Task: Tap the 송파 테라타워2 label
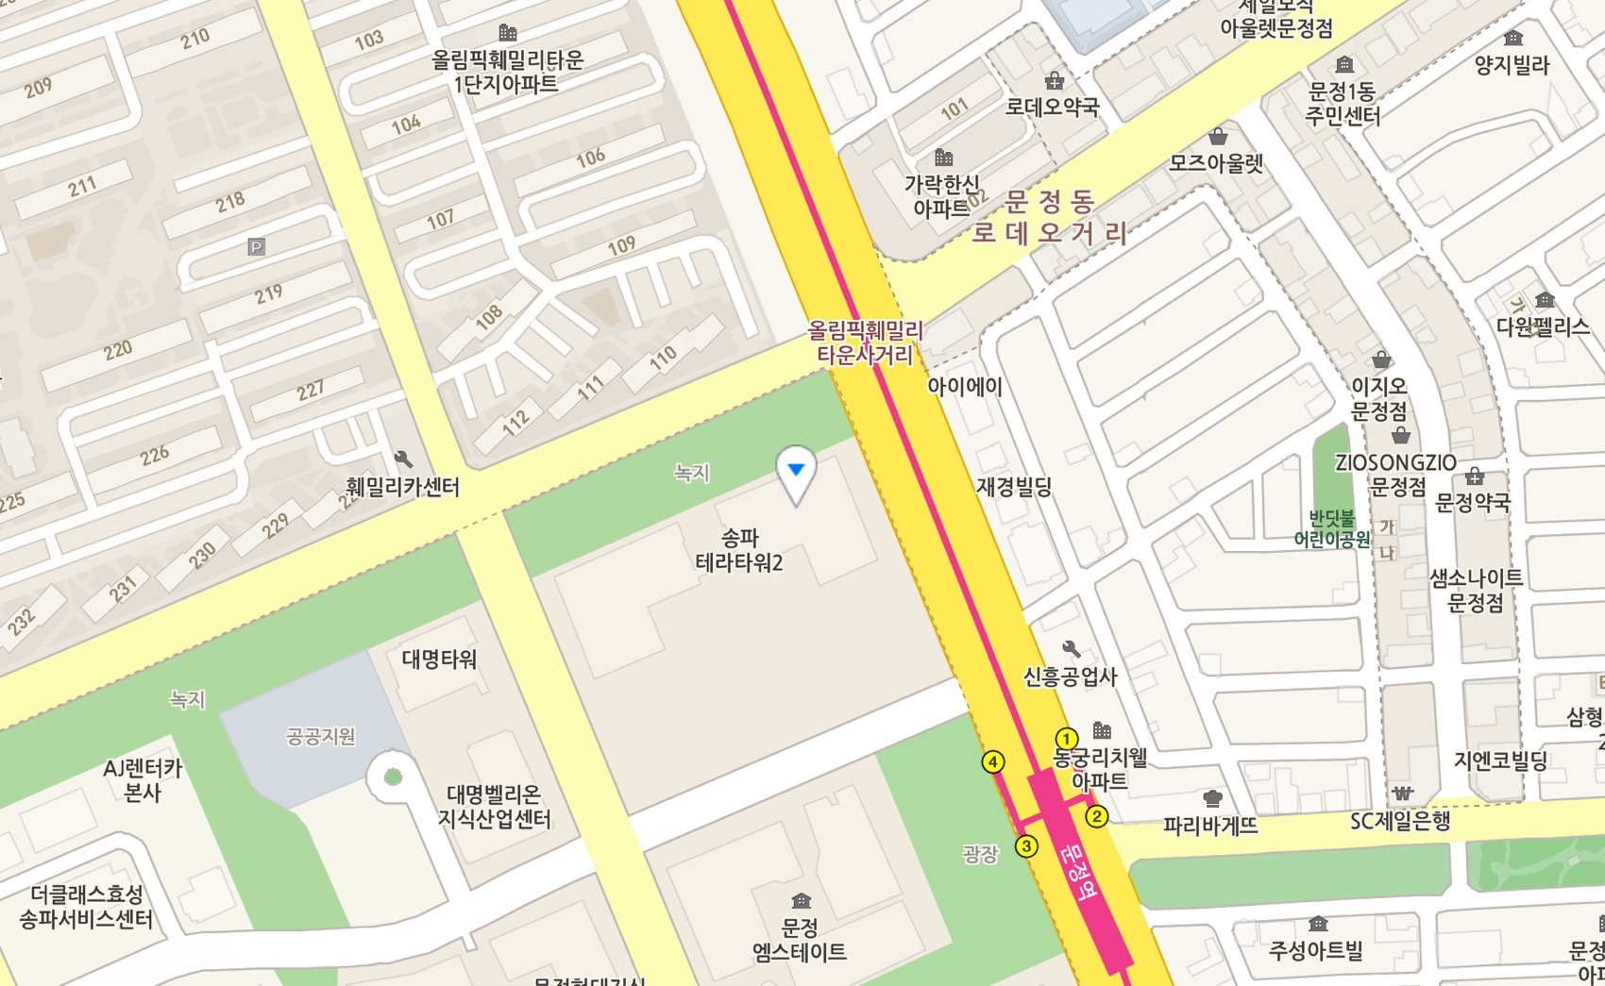click(x=739, y=551)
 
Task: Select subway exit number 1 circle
click(x=1066, y=739)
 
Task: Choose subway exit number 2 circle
click(x=1096, y=816)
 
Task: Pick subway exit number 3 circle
click(x=1026, y=846)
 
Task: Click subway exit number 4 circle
click(x=993, y=762)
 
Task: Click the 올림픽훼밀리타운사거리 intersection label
click(x=865, y=343)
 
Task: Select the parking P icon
click(x=256, y=247)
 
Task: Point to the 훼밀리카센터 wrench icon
click(x=403, y=460)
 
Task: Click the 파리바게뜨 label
click(x=1210, y=826)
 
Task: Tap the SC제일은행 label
click(x=1400, y=821)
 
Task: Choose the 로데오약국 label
click(x=1052, y=107)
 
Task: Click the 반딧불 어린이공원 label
click(x=1332, y=528)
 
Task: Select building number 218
click(x=230, y=201)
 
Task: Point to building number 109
click(x=621, y=246)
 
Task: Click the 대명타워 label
click(x=439, y=659)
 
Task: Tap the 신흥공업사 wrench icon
click(x=1071, y=649)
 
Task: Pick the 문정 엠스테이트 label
click(x=800, y=940)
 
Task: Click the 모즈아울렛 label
click(x=1216, y=163)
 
